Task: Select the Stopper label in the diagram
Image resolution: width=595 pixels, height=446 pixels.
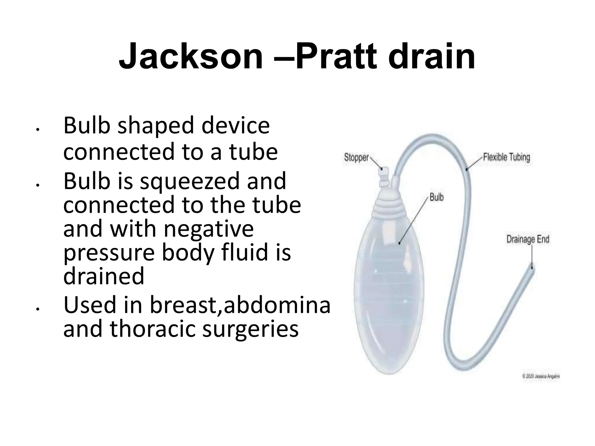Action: [x=356, y=158]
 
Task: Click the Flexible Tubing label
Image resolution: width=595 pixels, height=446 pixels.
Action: [x=506, y=157]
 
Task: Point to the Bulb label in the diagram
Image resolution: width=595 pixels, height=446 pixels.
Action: [x=436, y=197]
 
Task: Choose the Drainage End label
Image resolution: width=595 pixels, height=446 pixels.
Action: [x=528, y=240]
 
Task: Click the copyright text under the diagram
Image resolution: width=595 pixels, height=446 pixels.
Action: [x=541, y=376]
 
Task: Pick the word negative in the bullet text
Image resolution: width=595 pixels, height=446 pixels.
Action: [x=209, y=229]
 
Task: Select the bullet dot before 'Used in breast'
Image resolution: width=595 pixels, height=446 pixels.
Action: [x=37, y=310]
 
